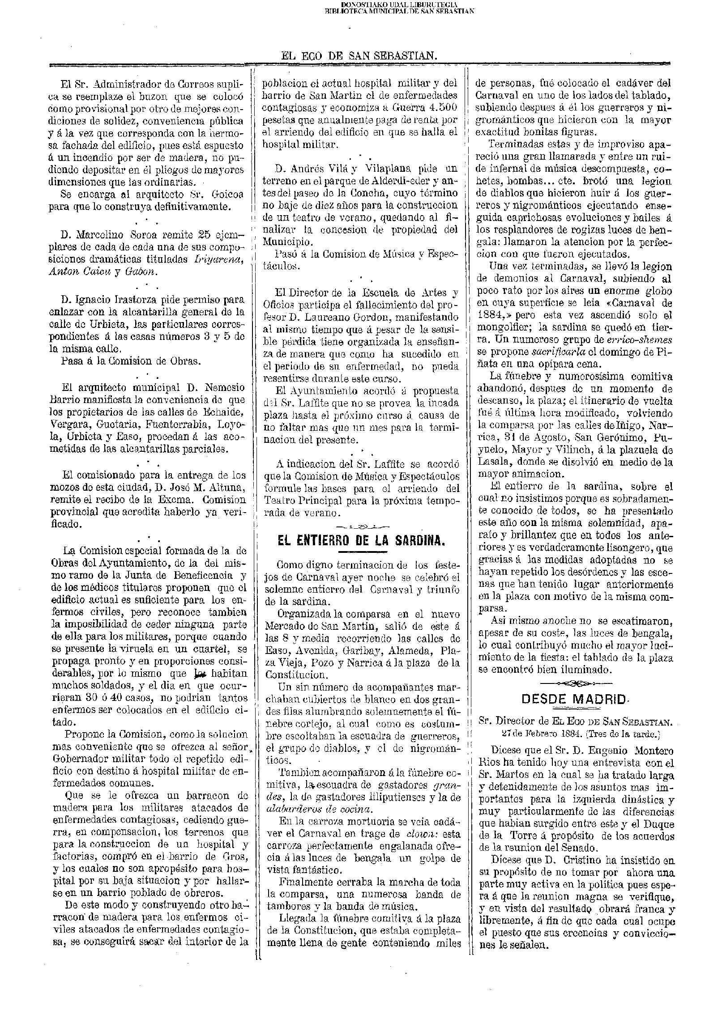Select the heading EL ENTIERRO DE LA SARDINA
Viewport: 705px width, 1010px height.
(361, 541)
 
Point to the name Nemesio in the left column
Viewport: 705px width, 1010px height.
(226, 387)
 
